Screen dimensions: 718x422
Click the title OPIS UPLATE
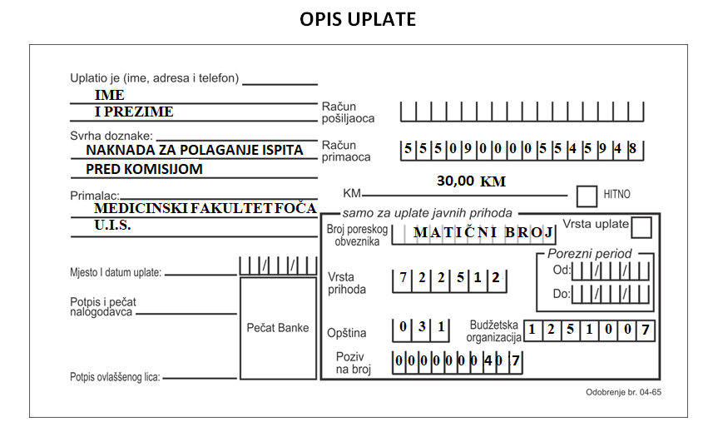358,19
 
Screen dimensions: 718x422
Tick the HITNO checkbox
587,196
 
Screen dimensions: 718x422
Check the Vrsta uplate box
641,227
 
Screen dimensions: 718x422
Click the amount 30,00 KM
471,181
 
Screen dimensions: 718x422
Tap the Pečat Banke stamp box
278,328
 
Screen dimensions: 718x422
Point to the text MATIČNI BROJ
483,232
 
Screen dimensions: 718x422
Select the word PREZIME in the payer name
139,112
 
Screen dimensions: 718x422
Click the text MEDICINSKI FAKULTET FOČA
205,208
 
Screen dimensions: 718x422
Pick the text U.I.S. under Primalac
112,226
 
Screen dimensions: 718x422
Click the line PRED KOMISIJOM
144,169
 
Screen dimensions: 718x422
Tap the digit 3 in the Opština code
422,326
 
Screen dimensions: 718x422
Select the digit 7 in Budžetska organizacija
645,330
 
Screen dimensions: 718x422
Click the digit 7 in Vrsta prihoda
403,278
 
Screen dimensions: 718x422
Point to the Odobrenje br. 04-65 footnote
623,392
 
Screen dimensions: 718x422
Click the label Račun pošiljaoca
348,112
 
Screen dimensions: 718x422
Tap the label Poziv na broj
353,363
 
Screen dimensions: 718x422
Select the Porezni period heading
589,254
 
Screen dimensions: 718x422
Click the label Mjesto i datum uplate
116,273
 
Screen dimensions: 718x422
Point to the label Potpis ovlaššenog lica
115,377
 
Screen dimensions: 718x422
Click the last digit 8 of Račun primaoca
632,149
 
